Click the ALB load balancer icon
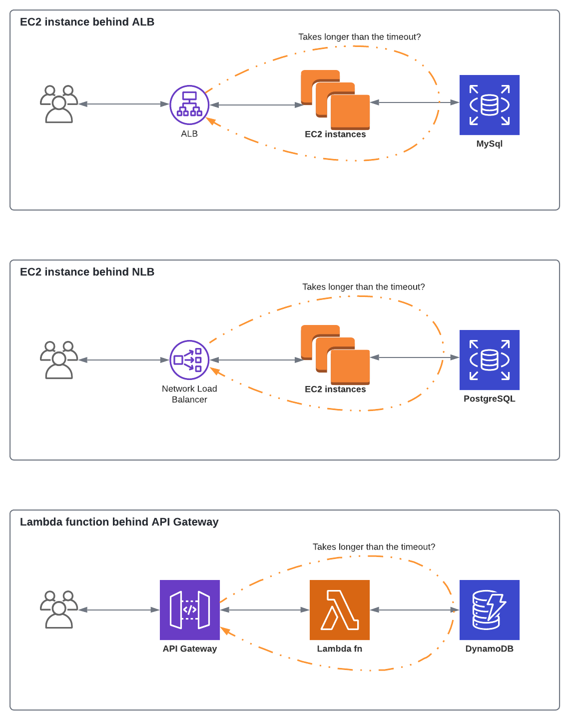point(189,105)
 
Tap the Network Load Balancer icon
point(189,360)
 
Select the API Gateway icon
point(190,609)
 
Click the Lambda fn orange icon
point(340,609)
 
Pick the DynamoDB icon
point(489,609)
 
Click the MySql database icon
point(489,105)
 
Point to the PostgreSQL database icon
point(489,360)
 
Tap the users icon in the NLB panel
point(59,360)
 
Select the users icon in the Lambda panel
point(59,609)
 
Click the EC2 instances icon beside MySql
point(336,100)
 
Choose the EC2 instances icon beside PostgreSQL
point(336,355)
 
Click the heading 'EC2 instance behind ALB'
point(87,22)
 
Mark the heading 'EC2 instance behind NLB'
point(87,272)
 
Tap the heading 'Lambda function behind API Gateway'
point(119,522)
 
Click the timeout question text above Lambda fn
point(374,547)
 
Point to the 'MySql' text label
point(489,144)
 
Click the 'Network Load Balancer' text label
point(189,394)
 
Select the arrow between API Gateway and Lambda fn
point(265,610)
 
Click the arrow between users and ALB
point(124,104)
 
